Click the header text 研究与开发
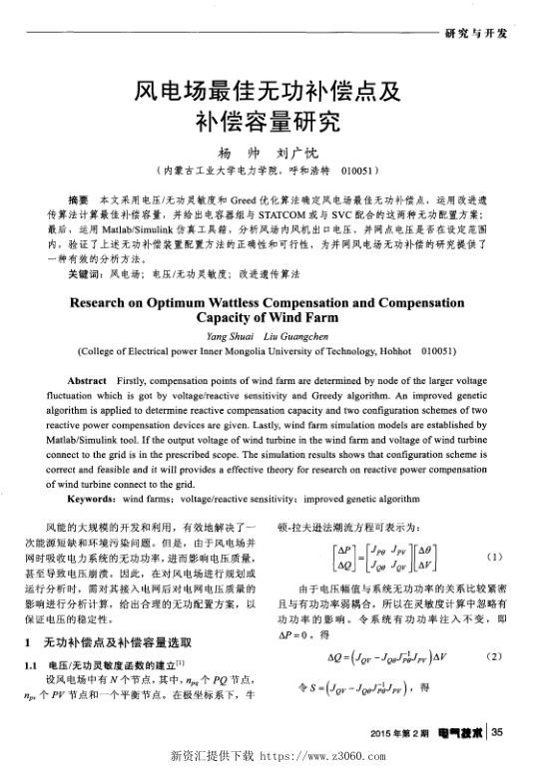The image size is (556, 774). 477,33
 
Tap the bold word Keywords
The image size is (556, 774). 90,496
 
